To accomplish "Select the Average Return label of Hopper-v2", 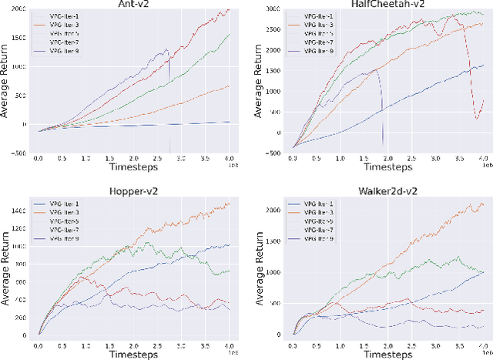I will tap(6, 266).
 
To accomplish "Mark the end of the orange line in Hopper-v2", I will tap(230, 204).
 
